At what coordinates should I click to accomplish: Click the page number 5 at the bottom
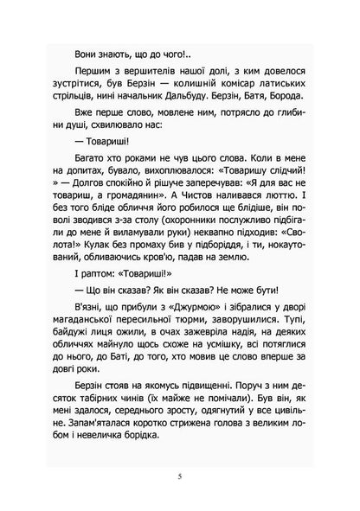(x=180, y=474)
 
